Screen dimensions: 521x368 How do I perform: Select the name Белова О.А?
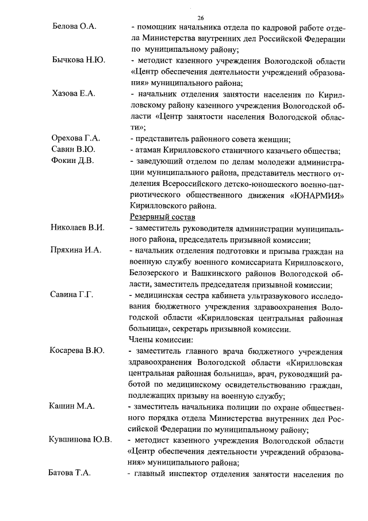click(x=73, y=26)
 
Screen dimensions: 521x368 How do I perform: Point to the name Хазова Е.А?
click(x=73, y=93)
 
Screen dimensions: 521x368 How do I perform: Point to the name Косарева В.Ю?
click(x=77, y=351)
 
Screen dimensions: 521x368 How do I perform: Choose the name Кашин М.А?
click(x=71, y=406)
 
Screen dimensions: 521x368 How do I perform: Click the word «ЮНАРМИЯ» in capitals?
click(x=319, y=194)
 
